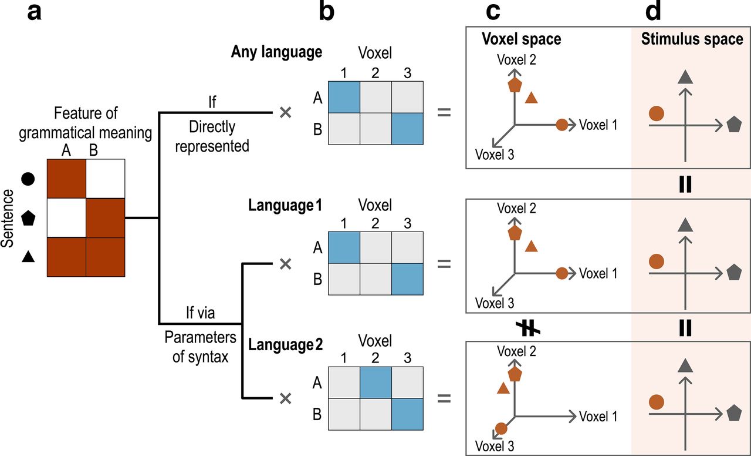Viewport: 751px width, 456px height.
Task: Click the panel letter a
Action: [x=35, y=12]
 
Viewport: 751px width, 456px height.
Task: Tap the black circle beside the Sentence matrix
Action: [x=27, y=179]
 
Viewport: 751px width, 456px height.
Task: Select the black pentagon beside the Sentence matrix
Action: [x=27, y=219]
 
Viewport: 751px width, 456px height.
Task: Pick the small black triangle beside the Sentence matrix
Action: [x=27, y=256]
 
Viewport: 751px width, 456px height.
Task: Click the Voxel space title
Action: [x=522, y=39]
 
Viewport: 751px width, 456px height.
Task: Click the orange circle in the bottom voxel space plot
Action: [x=501, y=429]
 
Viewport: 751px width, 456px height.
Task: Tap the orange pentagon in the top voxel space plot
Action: [x=515, y=85]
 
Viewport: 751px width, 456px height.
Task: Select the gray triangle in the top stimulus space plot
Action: [x=682, y=76]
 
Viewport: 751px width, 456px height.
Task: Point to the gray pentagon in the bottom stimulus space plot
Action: [x=733, y=413]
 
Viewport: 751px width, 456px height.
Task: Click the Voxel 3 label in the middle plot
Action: [x=495, y=303]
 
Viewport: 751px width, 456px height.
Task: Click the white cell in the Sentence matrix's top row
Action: [x=106, y=179]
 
